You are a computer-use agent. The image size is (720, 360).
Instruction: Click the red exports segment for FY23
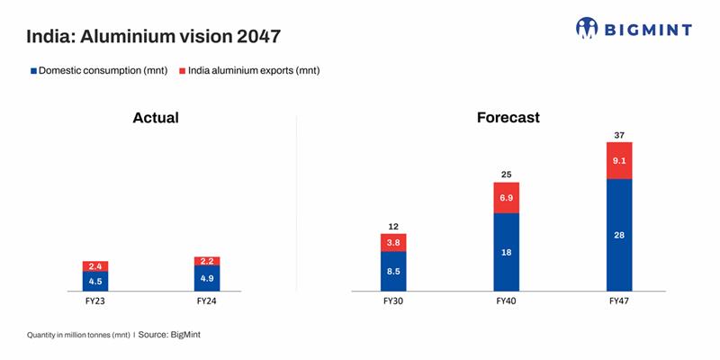(95, 266)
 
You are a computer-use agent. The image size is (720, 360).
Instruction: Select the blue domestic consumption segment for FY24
(207, 278)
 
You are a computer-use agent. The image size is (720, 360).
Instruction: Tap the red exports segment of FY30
(393, 242)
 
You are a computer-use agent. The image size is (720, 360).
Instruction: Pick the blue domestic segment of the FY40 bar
(507, 252)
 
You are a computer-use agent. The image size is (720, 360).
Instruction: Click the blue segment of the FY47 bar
(620, 235)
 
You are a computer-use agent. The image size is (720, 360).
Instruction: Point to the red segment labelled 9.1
(620, 161)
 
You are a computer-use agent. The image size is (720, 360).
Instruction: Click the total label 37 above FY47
(620, 135)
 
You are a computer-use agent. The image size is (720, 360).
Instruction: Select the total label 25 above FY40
(507, 175)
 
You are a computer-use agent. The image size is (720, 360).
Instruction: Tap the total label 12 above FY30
(393, 227)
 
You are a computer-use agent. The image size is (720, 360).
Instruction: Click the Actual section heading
(156, 118)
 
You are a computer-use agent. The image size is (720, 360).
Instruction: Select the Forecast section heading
(508, 118)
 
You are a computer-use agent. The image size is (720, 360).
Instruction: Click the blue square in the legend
(33, 70)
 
